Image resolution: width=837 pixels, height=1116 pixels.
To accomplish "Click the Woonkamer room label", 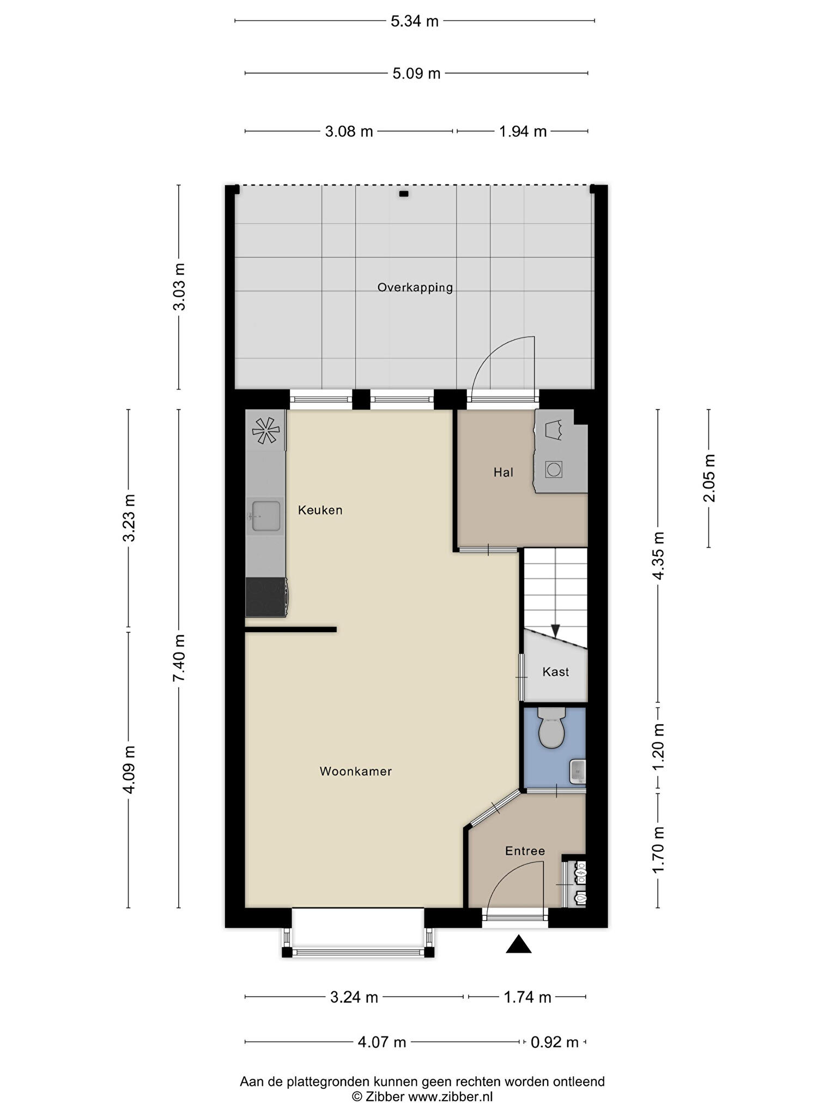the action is [x=355, y=771].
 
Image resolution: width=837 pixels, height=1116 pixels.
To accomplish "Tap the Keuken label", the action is [x=320, y=510].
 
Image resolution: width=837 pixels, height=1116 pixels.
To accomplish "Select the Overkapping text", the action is [x=415, y=288].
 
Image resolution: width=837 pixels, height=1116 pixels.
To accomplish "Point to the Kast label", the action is [x=555, y=672].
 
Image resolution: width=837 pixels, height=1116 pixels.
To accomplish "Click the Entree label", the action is [x=525, y=851].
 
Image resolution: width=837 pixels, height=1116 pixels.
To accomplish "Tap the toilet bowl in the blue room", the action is [x=551, y=728].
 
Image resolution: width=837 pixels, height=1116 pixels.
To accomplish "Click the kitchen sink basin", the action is [x=265, y=515].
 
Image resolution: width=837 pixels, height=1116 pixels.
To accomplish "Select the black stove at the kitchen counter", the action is [x=266, y=597].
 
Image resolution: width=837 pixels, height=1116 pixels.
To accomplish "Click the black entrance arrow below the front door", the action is [x=518, y=944].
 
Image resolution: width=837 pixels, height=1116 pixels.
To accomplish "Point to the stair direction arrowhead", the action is [x=555, y=630].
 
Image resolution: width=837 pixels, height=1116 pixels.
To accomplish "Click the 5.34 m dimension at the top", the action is [x=415, y=21].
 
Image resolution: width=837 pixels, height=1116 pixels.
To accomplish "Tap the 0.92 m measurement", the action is [x=554, y=1042].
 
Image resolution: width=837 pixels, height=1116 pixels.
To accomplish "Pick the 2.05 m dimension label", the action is [x=709, y=478].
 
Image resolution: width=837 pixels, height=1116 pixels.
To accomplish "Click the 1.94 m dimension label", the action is [x=523, y=131].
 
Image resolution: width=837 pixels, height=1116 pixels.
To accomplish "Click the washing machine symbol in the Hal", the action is [x=554, y=469].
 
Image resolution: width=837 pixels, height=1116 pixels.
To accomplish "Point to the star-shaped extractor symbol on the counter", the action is [x=265, y=430].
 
